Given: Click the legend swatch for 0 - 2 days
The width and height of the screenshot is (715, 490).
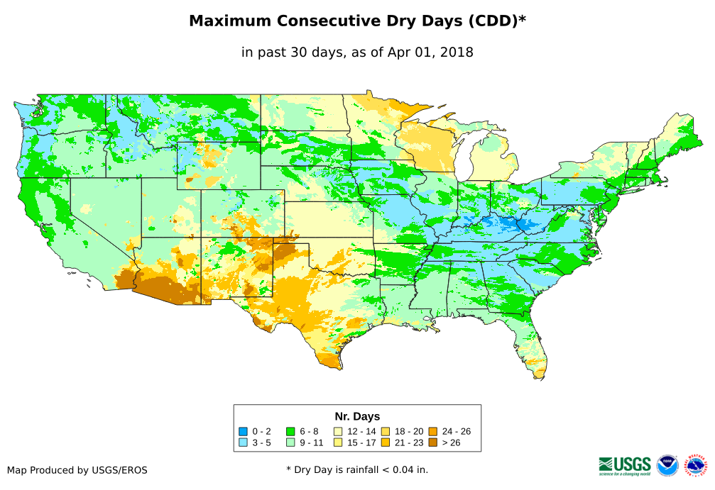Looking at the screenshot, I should (x=244, y=431).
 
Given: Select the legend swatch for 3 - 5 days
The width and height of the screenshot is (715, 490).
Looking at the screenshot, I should (x=244, y=442).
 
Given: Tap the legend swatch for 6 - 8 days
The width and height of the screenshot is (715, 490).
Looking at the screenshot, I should (x=290, y=431).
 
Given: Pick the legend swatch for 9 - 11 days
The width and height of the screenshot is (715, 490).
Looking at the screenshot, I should (x=290, y=442).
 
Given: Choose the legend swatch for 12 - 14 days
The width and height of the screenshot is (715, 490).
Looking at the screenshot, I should (x=338, y=431).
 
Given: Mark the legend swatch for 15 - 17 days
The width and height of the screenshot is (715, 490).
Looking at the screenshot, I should (x=338, y=442).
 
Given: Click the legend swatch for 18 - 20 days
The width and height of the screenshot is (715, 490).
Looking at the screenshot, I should (x=386, y=431).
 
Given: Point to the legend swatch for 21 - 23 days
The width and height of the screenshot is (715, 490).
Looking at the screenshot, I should (x=386, y=442).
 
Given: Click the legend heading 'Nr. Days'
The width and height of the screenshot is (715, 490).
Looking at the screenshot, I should (x=357, y=416).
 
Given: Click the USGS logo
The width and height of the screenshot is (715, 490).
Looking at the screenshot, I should (x=625, y=465).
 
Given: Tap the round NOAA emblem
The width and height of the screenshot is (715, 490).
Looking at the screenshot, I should (x=667, y=466).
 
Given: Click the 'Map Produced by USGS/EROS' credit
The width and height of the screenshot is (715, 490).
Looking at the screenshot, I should (x=77, y=470).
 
